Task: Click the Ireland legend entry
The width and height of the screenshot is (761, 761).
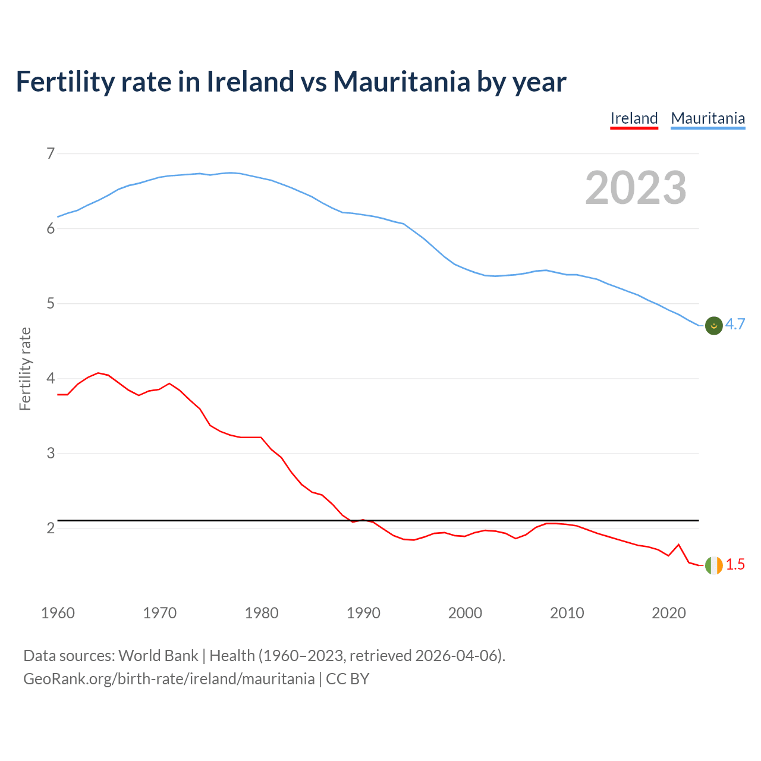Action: point(634,118)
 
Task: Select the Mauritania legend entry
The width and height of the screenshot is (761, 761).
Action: point(707,118)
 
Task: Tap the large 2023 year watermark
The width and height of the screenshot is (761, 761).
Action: point(636,188)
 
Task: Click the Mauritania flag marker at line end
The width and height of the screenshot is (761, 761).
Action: point(713,325)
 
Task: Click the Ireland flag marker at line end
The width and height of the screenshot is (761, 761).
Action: point(713,565)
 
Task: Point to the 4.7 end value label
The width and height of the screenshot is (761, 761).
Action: point(735,324)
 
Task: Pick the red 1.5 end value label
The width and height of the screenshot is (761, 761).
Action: point(735,565)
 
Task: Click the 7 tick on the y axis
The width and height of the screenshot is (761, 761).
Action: point(51,154)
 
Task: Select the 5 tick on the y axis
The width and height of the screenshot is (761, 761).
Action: point(51,304)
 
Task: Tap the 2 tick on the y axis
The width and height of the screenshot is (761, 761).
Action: point(51,528)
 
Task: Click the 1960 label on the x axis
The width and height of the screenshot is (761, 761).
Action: point(58,613)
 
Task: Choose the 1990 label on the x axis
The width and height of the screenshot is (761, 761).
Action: point(363,613)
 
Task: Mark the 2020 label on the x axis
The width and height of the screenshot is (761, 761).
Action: point(669,613)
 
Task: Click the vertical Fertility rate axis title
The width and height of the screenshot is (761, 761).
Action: point(25,369)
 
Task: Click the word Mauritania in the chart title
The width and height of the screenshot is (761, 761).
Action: point(401,81)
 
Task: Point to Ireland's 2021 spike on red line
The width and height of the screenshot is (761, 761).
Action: point(678,545)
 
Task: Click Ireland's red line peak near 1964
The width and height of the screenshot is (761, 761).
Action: point(98,373)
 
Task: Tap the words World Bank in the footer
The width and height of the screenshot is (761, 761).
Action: point(158,656)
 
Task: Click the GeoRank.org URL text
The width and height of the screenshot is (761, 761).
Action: point(169,679)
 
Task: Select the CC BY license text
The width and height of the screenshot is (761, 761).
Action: point(348,679)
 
